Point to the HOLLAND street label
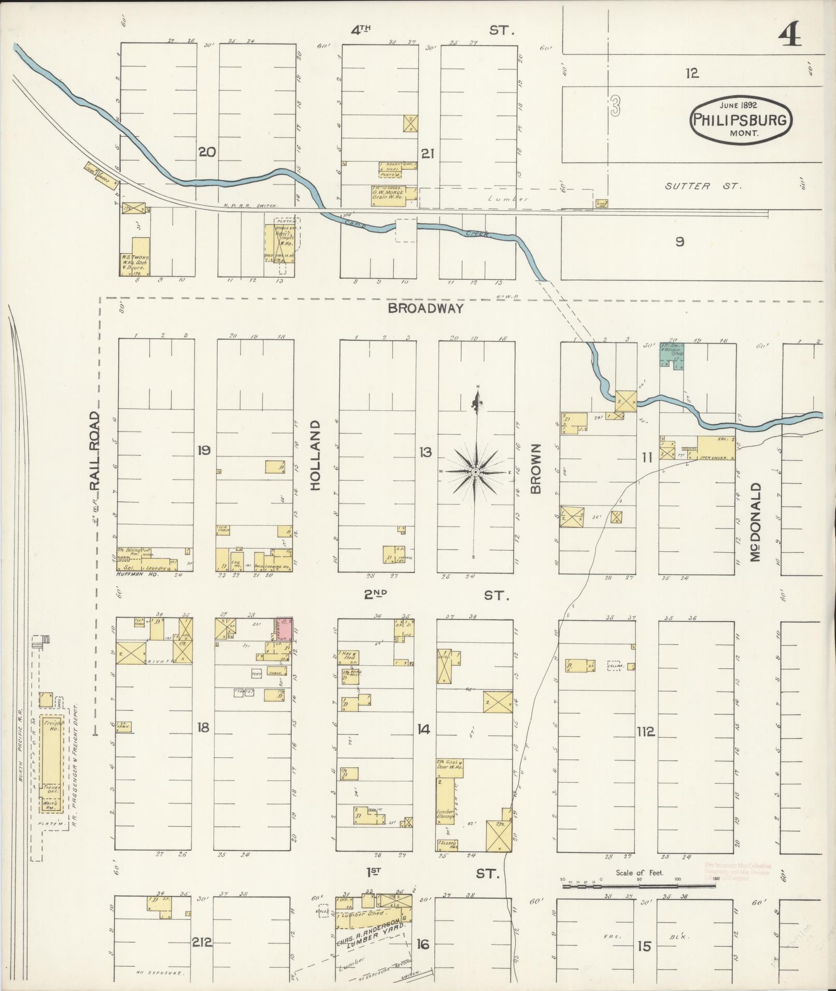[316, 455]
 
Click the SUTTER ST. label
[703, 185]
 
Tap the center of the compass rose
[475, 472]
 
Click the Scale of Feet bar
[639, 886]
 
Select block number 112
[646, 732]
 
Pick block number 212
[202, 942]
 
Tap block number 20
[207, 152]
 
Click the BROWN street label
[535, 468]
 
